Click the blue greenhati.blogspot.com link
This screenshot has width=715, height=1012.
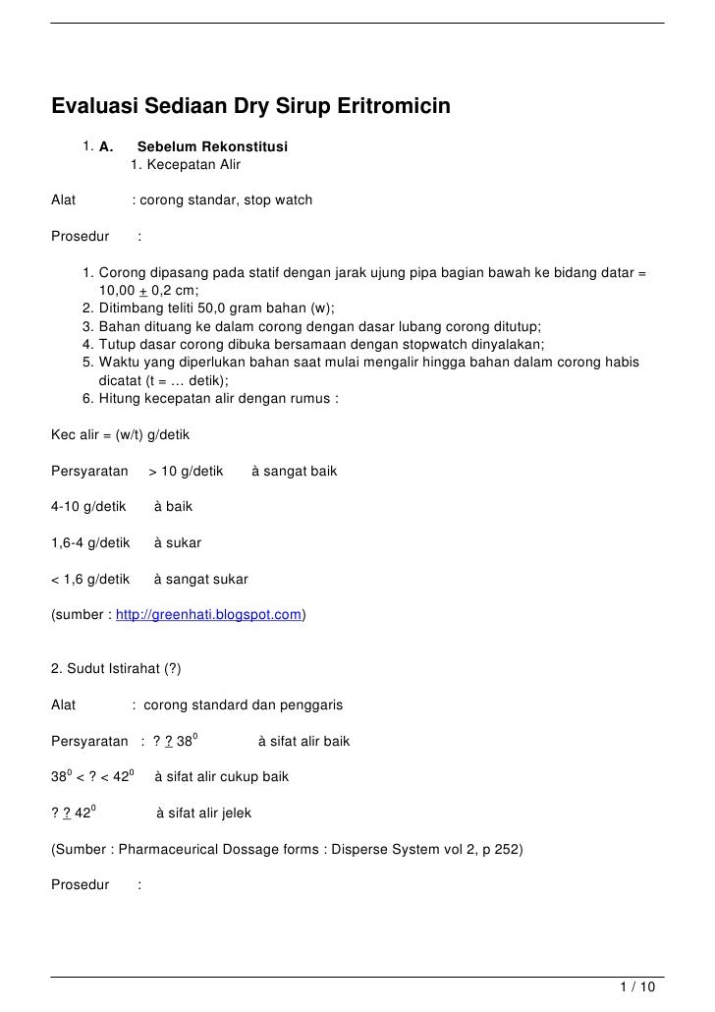[x=208, y=616]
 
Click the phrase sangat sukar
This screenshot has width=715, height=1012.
[x=207, y=579]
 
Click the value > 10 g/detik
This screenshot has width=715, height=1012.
[x=186, y=471]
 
